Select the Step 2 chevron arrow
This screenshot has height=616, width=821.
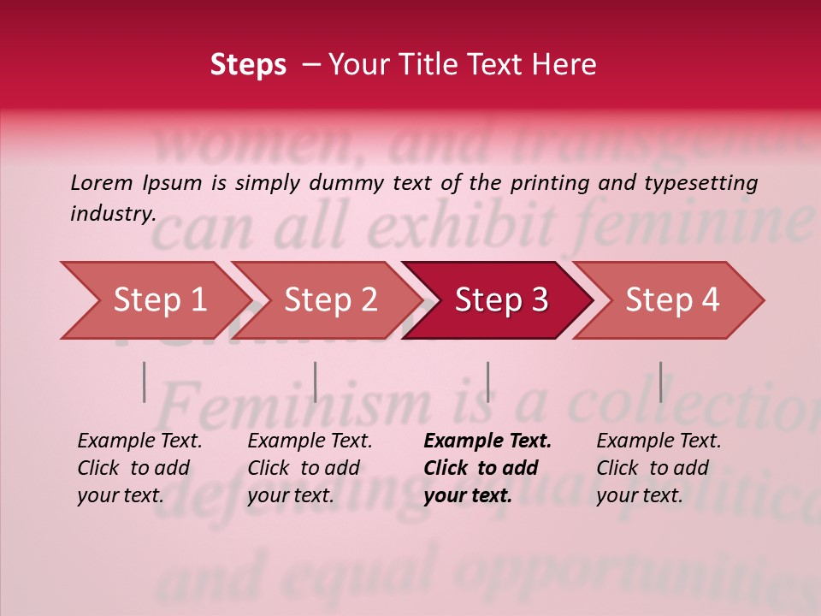(x=328, y=300)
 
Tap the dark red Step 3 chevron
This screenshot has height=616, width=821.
(x=499, y=300)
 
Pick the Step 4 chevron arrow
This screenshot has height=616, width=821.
(x=670, y=300)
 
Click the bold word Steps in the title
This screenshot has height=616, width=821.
(x=248, y=65)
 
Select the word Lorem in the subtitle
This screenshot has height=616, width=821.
(x=102, y=182)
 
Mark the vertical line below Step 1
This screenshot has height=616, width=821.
(x=145, y=382)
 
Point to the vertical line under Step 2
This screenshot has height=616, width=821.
(x=316, y=382)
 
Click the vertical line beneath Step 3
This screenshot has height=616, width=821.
(x=487, y=382)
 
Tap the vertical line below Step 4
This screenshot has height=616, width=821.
(x=660, y=382)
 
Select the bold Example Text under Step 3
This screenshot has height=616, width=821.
(x=487, y=441)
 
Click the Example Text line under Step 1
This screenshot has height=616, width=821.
(x=139, y=441)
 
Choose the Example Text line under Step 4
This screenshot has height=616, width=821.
(x=659, y=441)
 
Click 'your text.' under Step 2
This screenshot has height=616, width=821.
(x=290, y=495)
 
